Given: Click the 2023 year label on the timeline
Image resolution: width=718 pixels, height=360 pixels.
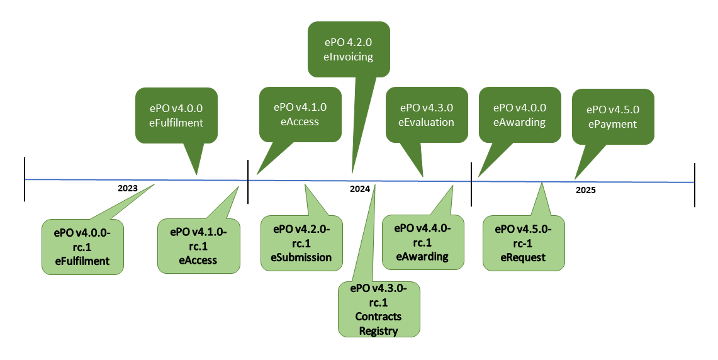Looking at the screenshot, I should [x=127, y=188].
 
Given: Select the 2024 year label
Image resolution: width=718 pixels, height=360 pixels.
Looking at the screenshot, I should [x=360, y=189].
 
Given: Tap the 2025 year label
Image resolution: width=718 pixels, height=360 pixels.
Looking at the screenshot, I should [x=585, y=189].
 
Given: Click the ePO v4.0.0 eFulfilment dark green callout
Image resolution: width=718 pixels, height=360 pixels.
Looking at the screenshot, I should [x=176, y=115].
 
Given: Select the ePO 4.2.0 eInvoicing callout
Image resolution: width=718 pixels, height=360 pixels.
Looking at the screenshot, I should [x=349, y=49].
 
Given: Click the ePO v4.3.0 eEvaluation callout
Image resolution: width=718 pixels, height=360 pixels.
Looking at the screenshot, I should [x=426, y=115].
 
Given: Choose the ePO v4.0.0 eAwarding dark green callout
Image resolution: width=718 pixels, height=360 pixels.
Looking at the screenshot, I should [x=520, y=115].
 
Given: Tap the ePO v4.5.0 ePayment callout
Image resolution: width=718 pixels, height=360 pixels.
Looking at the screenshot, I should [x=613, y=116].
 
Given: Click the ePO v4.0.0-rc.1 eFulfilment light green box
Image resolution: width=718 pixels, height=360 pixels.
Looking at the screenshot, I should [x=82, y=246].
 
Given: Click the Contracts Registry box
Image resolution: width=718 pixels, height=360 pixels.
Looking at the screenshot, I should [x=378, y=308].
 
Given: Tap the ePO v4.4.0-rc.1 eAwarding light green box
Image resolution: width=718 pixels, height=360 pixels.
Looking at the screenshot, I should [x=422, y=242].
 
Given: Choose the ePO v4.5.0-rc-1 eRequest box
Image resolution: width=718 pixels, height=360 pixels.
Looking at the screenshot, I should [x=523, y=243].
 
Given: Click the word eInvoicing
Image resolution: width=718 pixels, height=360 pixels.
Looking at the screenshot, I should [x=349, y=57].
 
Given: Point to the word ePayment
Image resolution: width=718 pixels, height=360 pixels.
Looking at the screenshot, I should [x=613, y=124].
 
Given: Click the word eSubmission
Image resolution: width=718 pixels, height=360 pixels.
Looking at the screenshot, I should [x=301, y=257].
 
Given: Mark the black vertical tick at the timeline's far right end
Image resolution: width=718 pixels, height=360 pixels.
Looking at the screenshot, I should [x=695, y=184].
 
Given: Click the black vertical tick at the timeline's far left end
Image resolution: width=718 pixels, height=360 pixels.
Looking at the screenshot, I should [x=25, y=179].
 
